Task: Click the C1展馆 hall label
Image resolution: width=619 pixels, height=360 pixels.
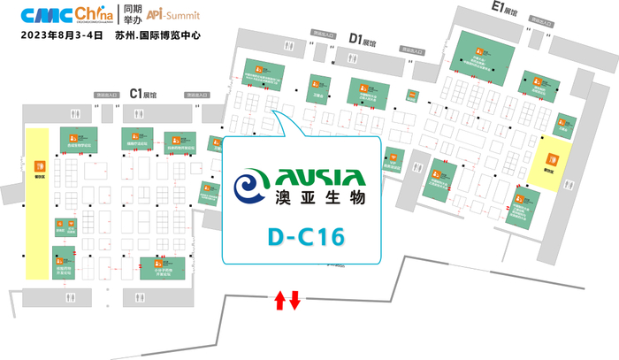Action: pyautogui.click(x=142, y=92)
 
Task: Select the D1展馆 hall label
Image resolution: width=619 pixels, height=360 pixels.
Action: pyautogui.click(x=363, y=39)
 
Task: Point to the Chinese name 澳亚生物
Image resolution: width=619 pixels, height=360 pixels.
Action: pyautogui.click(x=318, y=200)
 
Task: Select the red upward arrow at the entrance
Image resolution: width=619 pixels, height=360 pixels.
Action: pyautogui.click(x=279, y=300)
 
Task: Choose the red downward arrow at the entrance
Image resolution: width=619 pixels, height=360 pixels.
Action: pyautogui.click(x=295, y=300)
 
